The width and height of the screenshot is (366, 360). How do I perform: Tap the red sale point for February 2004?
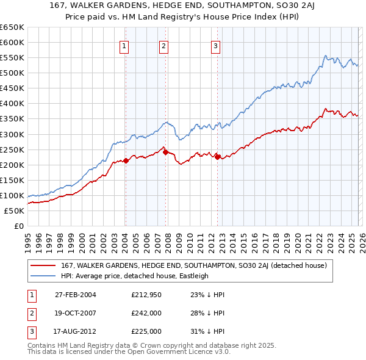pos(126,160)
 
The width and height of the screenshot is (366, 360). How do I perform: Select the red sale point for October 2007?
pos(165,152)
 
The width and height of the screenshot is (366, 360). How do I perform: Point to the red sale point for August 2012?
pos(217,157)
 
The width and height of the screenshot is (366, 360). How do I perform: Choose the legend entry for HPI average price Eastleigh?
pos(135,276)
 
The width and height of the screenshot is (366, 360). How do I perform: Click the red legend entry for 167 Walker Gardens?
pos(194,265)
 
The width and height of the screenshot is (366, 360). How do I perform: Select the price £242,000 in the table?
pos(146,313)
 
